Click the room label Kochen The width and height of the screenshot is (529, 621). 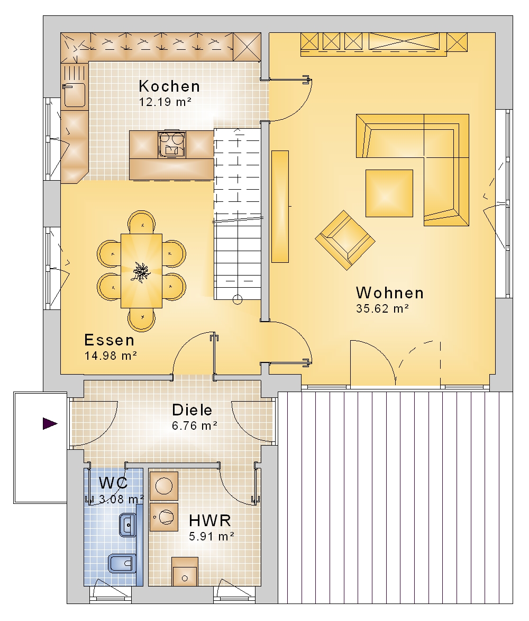tap(169, 86)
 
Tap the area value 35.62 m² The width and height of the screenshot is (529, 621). tap(382, 308)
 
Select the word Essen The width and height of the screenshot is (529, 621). tap(110, 340)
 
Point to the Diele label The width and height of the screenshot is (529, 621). tap(192, 410)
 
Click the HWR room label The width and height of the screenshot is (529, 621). tap(210, 520)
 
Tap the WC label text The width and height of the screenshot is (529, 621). tap(113, 483)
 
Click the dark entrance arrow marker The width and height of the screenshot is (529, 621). tap(50, 423)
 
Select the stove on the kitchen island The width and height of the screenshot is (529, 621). tap(171, 145)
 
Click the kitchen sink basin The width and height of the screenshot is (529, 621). tap(74, 95)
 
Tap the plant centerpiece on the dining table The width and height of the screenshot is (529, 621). tap(141, 272)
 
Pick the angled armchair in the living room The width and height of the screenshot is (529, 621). tap(345, 240)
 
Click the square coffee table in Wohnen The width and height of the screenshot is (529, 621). tap(389, 193)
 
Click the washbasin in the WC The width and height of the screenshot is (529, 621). tap(127, 525)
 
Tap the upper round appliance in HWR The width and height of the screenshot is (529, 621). tap(164, 485)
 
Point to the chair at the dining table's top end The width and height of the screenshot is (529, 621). tap(142, 222)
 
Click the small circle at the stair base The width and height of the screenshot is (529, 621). tap(237, 300)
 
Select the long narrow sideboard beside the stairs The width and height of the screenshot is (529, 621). tap(280, 206)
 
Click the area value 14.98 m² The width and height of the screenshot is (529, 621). tap(111, 356)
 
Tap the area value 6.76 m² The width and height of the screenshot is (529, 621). tap(195, 426)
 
